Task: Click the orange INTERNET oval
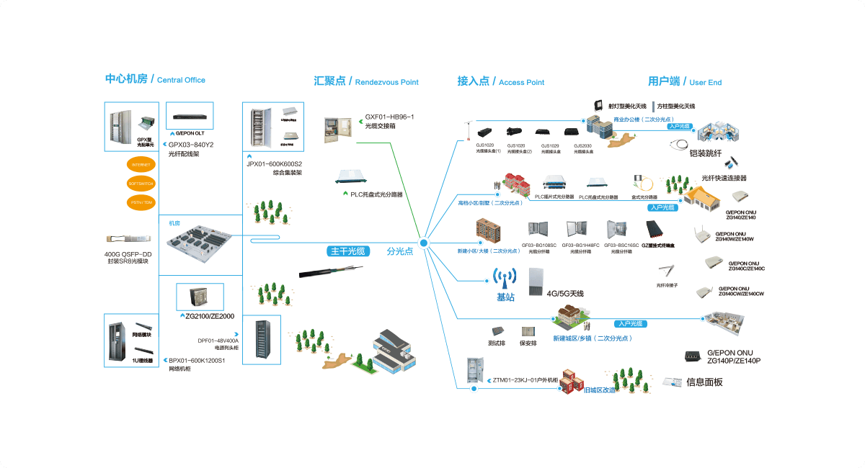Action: tap(141, 165)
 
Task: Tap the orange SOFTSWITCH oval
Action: tap(141, 184)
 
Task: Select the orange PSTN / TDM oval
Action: tap(141, 202)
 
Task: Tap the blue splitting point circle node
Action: tap(425, 243)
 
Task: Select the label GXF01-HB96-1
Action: tap(389, 117)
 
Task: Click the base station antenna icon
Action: tap(505, 279)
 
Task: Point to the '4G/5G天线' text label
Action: tap(565, 294)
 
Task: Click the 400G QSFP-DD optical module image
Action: tap(128, 240)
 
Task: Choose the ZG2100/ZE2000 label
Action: tap(210, 316)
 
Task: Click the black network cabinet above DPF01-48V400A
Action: tap(261, 336)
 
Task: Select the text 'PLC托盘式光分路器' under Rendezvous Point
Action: tap(376, 194)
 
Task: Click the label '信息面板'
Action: tap(704, 382)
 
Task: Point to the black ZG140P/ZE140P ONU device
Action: tap(693, 356)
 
